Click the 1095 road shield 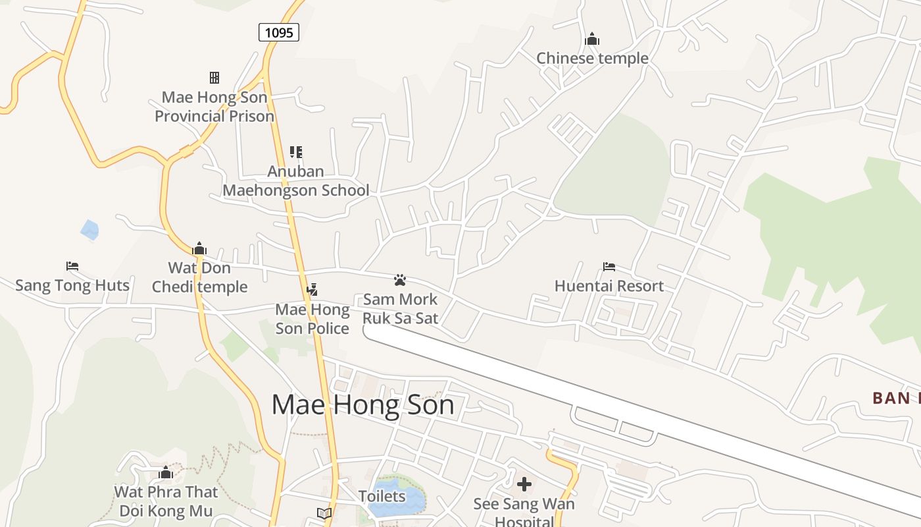tap(279, 32)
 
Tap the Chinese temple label tap(592, 58)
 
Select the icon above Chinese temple tap(592, 40)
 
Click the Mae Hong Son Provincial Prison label tap(214, 107)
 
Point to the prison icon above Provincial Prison tap(214, 78)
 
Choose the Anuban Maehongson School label tap(296, 181)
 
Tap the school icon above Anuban tap(296, 152)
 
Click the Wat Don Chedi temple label tap(199, 277)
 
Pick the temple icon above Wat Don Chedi tap(199, 248)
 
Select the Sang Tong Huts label tap(72, 285)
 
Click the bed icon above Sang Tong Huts tap(72, 266)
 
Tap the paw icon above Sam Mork tap(400, 280)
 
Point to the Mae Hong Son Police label tap(312, 319)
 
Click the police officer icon tap(312, 289)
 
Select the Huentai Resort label tap(609, 286)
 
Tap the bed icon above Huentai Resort tap(609, 267)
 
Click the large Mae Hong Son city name tap(362, 404)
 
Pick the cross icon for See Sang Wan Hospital tap(524, 485)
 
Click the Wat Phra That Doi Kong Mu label tap(166, 501)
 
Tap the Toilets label tap(382, 496)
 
